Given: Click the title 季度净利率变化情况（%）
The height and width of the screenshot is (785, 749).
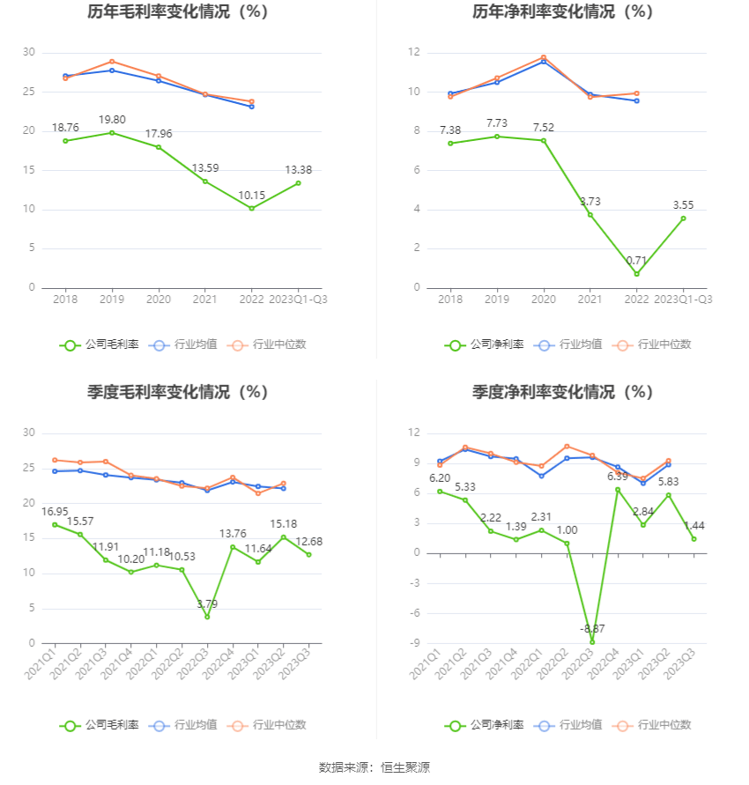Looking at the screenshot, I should pos(562,392).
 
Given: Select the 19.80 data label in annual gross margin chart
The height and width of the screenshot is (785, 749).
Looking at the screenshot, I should pos(112,119).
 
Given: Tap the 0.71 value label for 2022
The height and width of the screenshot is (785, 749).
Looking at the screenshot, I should pos(636,260).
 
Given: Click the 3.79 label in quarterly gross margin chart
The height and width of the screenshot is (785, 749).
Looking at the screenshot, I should pos(207,604).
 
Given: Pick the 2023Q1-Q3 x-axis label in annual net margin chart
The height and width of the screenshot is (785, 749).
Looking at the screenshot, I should pos(683,300).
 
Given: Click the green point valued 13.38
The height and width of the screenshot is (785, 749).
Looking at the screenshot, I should pos(299,182).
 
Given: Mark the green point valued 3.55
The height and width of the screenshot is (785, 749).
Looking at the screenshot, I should pos(683,218).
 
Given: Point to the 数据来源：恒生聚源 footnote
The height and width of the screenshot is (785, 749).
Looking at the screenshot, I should pos(374,767).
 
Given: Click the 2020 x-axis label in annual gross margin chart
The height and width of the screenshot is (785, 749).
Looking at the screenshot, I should pos(159,300).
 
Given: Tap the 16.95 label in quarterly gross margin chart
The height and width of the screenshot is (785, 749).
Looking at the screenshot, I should pos(55,511).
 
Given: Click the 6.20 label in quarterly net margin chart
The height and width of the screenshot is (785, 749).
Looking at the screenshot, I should pos(440,478).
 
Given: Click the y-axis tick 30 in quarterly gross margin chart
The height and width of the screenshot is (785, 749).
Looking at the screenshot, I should pos(28,433).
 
